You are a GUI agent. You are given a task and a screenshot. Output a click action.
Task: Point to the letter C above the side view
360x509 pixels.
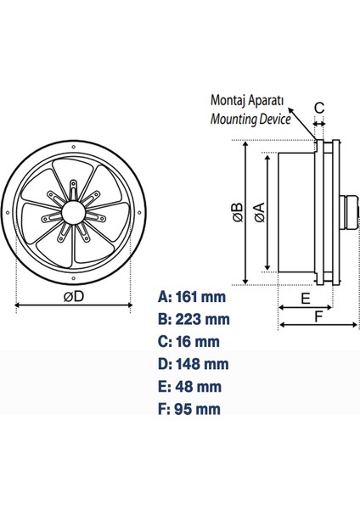(319, 108)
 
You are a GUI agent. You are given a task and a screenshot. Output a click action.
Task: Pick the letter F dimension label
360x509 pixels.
(318, 316)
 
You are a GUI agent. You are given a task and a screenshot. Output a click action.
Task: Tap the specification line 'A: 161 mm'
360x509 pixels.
(194, 297)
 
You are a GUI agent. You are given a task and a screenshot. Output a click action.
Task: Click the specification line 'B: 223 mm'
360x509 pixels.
(194, 320)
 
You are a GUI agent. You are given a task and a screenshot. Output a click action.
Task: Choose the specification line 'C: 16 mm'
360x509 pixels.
(189, 342)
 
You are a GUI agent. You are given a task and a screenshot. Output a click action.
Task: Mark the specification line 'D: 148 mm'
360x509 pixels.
(194, 364)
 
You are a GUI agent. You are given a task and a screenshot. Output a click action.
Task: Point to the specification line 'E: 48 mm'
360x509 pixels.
(189, 386)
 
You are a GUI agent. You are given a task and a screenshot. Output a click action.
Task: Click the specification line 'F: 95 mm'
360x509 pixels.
(189, 408)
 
